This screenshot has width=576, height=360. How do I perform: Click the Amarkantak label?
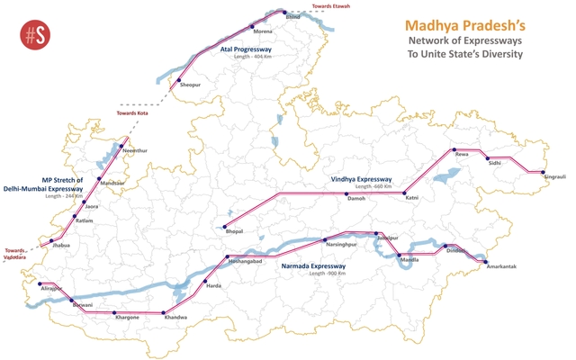coord(501,267)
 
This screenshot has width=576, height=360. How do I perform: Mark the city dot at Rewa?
coord(454,149)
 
